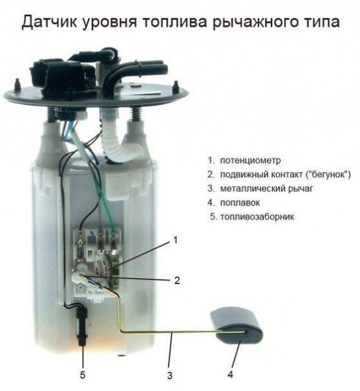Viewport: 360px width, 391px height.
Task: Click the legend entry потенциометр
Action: click(251, 160)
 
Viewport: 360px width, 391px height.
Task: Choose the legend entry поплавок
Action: click(241, 203)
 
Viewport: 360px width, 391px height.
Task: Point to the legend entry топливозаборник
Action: click(257, 216)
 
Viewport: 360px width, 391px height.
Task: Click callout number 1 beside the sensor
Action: click(175, 240)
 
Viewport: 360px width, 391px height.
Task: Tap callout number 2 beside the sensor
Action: click(176, 281)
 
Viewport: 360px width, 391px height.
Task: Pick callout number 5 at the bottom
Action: click(83, 375)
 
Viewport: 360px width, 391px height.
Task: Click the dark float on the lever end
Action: click(236, 326)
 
